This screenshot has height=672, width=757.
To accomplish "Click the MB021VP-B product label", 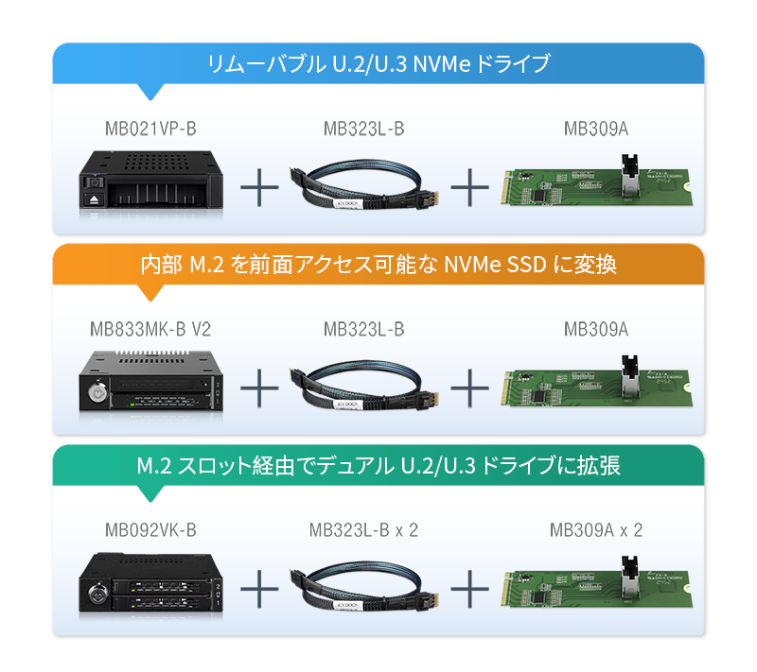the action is (x=150, y=129).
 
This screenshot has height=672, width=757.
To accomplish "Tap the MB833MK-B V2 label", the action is (x=150, y=329).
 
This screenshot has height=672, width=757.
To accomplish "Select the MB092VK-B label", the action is (x=150, y=530).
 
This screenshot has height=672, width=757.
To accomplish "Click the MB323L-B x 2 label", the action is (x=363, y=530).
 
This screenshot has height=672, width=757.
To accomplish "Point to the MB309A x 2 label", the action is (x=596, y=530).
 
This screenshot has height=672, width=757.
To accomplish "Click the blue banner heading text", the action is (x=378, y=63).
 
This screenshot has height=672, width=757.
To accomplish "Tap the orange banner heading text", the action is (x=378, y=265).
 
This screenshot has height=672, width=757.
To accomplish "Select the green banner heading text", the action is (x=378, y=465).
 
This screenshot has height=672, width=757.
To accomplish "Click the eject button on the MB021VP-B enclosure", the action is (x=93, y=198).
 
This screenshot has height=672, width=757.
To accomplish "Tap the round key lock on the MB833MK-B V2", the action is (x=97, y=391).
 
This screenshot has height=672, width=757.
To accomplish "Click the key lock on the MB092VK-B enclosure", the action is (x=97, y=593).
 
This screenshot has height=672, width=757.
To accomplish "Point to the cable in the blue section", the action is (x=363, y=184).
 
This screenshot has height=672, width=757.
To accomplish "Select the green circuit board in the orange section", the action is (x=597, y=385).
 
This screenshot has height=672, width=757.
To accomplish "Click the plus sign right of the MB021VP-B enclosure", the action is (x=259, y=187).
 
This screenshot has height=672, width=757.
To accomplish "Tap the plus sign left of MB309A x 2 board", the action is (x=469, y=589).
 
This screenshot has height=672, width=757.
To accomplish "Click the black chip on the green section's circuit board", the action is (x=537, y=597).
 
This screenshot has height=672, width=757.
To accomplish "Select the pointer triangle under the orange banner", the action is (x=150, y=293).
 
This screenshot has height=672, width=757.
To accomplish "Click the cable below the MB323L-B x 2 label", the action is (x=363, y=586).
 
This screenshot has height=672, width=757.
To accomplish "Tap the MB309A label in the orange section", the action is (x=596, y=329).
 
